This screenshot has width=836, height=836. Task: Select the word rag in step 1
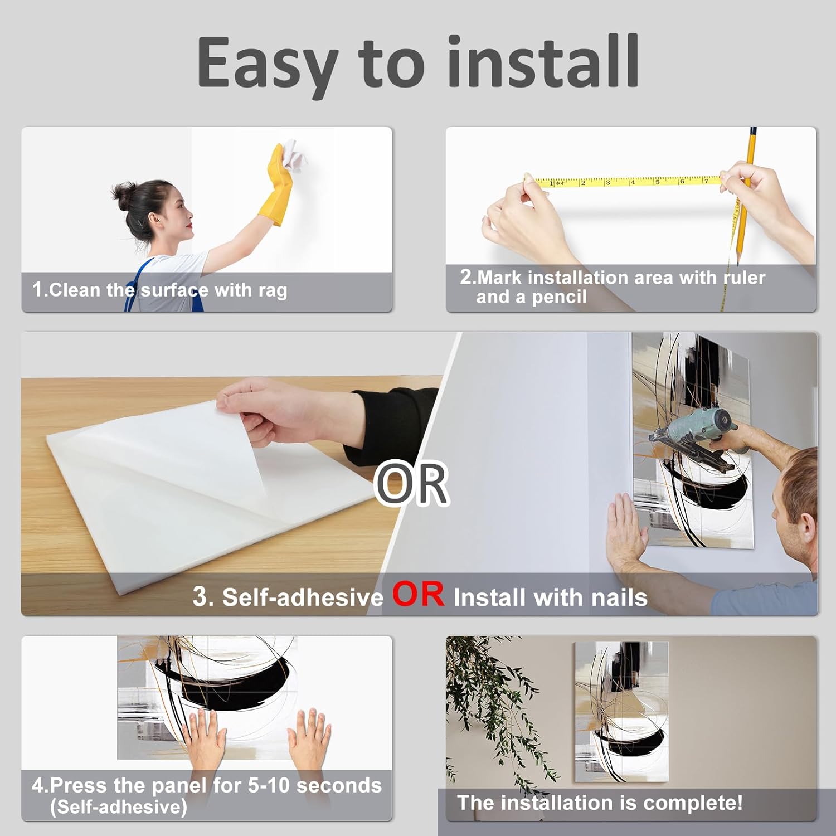[x=273, y=291]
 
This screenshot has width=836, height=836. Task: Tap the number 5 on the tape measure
[x=657, y=181]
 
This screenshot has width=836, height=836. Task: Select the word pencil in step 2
[x=559, y=297]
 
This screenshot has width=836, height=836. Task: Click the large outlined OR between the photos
[x=411, y=484]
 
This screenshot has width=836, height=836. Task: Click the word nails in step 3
[x=619, y=597]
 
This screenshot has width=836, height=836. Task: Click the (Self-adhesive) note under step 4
[x=118, y=807]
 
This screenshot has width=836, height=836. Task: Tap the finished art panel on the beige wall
[x=621, y=712]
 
